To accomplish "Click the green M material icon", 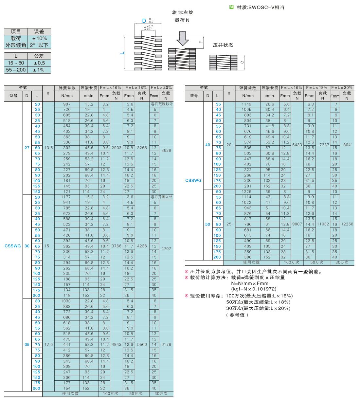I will (231, 7).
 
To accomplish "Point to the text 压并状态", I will (223, 45).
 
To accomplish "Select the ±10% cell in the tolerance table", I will (39, 38).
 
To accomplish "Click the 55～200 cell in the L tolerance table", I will (16, 70).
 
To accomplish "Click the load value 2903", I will (117, 148).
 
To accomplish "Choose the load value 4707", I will (166, 249).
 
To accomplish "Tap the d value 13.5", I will (48, 148).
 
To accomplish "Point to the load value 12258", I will (347, 224).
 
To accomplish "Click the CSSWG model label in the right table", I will (194, 180).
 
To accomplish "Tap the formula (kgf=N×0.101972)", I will (254, 289).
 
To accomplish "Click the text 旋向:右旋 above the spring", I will (182, 12).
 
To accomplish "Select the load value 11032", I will (322, 224).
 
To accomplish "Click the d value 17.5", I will (48, 345).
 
